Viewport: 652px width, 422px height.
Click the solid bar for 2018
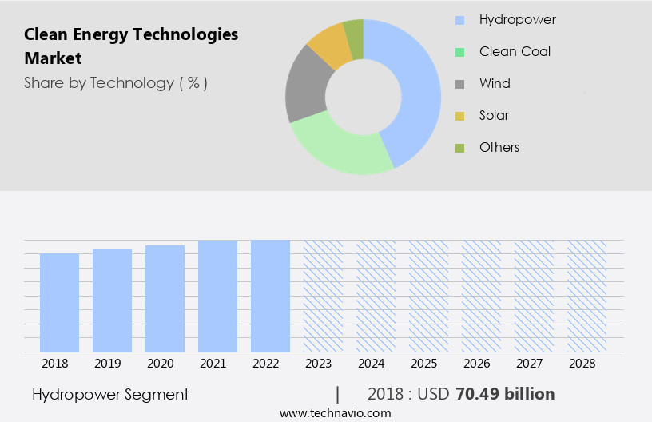[59, 302]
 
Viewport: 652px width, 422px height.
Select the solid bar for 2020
[165, 298]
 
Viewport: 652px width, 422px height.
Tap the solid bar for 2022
[270, 296]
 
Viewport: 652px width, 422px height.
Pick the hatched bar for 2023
[323, 296]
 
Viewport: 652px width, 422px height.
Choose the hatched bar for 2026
[481, 296]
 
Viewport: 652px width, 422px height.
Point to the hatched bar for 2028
[586, 296]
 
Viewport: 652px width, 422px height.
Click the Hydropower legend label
[517, 19]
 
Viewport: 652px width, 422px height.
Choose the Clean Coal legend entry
[515, 51]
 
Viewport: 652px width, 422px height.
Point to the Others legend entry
[499, 147]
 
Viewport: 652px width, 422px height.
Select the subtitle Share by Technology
[116, 83]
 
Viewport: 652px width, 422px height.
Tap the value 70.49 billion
[505, 394]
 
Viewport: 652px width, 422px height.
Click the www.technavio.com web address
[336, 413]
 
